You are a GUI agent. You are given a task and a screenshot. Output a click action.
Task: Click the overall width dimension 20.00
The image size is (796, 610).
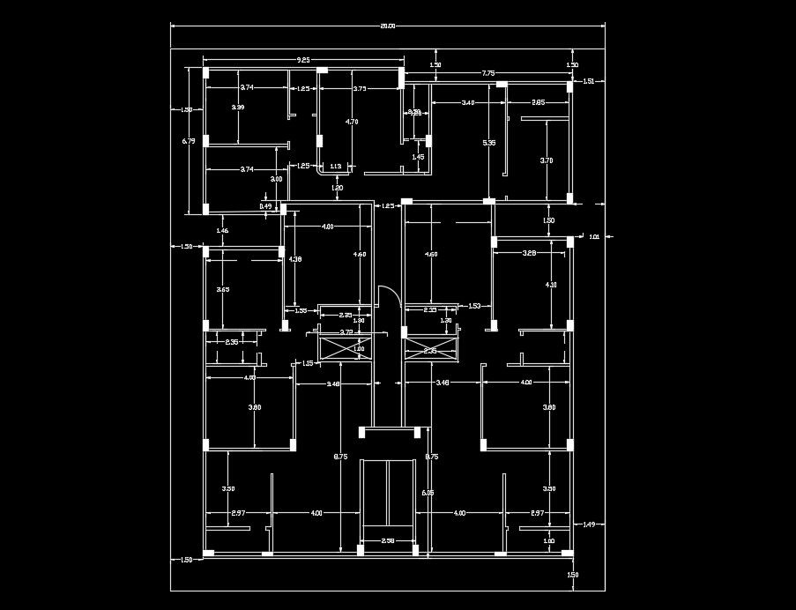[x=388, y=26]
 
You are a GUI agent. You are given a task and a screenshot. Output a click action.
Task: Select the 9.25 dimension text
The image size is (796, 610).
[x=303, y=60]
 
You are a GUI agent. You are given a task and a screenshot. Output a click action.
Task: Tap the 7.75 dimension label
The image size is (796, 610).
[x=487, y=72]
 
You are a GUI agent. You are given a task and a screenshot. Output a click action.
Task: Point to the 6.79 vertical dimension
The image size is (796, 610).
[x=188, y=141]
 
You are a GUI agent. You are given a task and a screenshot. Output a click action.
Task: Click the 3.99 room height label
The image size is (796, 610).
[x=238, y=107]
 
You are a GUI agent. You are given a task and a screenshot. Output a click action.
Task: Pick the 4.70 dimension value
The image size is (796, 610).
[x=352, y=121]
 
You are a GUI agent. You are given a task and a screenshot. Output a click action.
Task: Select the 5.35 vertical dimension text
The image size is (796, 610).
[x=489, y=142]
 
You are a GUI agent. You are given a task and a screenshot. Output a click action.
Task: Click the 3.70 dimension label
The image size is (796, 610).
[x=547, y=160]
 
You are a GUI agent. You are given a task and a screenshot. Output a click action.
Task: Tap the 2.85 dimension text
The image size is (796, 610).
[x=538, y=103]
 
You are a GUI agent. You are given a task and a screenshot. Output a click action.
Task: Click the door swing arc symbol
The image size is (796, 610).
[x=389, y=296]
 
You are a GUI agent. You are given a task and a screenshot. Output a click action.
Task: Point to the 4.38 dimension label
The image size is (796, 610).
[x=295, y=259]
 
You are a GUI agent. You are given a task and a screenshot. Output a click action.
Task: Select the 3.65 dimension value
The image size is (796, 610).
[x=223, y=289]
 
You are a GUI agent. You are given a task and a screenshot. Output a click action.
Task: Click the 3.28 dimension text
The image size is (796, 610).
[x=529, y=253]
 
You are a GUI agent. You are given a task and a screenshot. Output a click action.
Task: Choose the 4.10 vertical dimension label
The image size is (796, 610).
[x=551, y=285]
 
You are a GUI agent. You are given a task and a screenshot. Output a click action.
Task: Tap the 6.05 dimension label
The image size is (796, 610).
[x=428, y=493]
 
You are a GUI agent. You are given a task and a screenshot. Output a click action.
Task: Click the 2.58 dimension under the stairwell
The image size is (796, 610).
[x=387, y=540]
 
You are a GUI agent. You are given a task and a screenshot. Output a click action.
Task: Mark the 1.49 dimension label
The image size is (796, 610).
[x=590, y=524]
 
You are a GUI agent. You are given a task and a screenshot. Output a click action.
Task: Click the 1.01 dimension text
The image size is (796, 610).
[x=594, y=236]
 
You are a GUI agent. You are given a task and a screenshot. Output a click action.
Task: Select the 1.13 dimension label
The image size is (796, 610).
[x=335, y=166]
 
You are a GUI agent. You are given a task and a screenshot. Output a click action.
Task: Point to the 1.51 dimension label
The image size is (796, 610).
[x=590, y=81]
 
